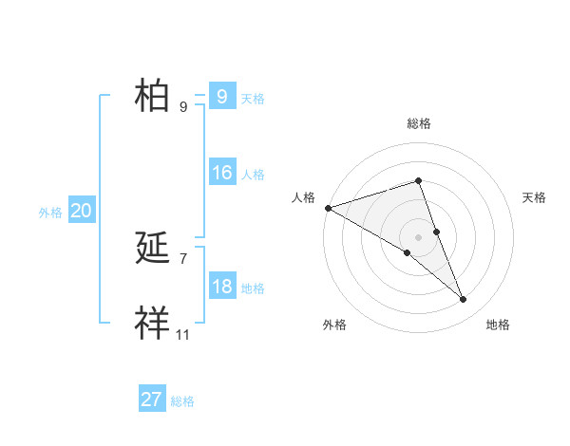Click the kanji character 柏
tap(152, 97)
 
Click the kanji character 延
tap(152, 249)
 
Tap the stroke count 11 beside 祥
tap(182, 334)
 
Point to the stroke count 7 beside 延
tap(182, 258)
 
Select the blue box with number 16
tap(222, 173)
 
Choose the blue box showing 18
tap(222, 287)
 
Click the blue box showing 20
tap(81, 211)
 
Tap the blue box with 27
tap(152, 400)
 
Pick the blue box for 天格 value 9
tap(221, 97)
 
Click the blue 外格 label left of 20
tap(50, 213)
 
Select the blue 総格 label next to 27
tap(182, 401)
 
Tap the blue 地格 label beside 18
tap(253, 288)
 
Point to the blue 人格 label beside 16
tap(253, 175)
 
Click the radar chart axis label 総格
tap(418, 123)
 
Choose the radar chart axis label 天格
tap(535, 197)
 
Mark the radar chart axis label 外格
tap(334, 325)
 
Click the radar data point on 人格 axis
tap(328, 207)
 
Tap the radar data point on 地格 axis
tap(463, 299)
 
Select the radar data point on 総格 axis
tap(418, 180)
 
